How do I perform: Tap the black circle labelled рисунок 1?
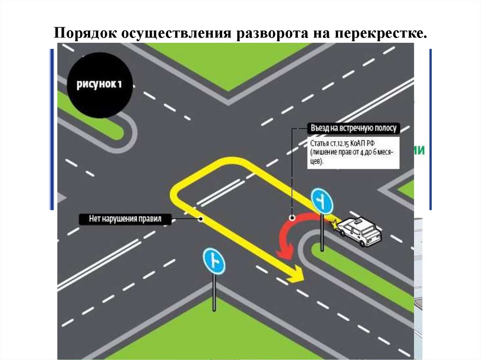[100, 84]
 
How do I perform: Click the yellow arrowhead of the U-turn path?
[296, 274]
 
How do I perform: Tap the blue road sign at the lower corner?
[214, 261]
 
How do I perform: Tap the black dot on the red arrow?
[292, 217]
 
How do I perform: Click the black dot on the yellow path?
[201, 218]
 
